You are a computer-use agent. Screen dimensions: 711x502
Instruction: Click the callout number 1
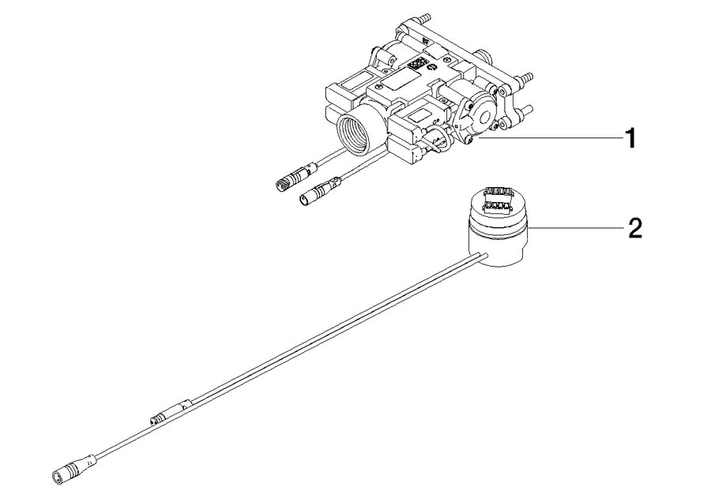[630, 138]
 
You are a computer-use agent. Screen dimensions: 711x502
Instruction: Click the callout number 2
[635, 228]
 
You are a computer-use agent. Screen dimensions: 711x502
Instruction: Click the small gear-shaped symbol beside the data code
[433, 68]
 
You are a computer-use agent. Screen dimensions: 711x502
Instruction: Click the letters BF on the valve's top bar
[425, 40]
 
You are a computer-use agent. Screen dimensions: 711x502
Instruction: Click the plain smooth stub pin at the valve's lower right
[526, 109]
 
